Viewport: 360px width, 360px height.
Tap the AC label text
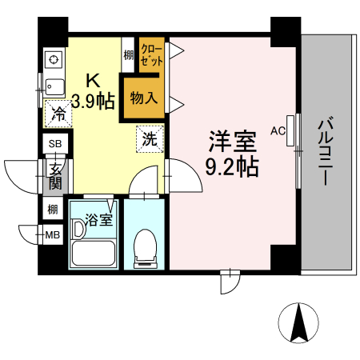click(x=278, y=130)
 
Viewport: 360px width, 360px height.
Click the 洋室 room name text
click(x=232, y=143)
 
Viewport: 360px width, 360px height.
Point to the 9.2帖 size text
click(x=232, y=167)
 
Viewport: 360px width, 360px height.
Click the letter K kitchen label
click(x=93, y=81)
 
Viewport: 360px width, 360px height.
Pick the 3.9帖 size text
click(x=93, y=102)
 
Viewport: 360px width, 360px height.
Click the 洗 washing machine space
click(x=150, y=138)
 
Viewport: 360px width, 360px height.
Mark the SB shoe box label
click(x=55, y=144)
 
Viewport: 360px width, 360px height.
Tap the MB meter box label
click(x=52, y=235)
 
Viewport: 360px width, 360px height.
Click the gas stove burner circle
click(x=54, y=59)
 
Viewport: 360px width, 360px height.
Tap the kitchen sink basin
click(x=55, y=86)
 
